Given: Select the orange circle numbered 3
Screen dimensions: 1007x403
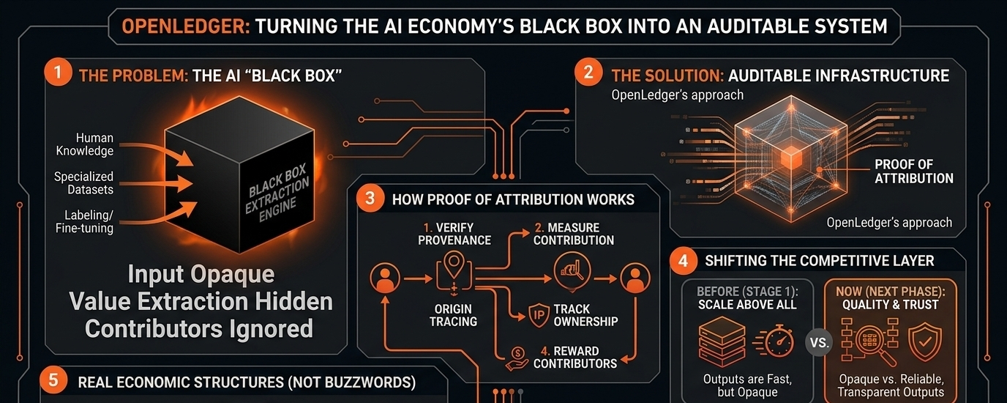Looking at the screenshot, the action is [x=370, y=198].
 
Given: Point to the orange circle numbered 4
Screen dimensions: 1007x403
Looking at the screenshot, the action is [x=684, y=261].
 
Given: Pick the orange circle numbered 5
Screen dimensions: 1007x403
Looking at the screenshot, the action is [x=53, y=380].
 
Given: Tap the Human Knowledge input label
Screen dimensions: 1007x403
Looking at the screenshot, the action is [x=84, y=144].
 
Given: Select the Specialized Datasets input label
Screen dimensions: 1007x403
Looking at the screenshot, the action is [x=83, y=182].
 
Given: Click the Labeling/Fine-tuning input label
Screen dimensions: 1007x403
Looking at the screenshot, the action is [x=84, y=221].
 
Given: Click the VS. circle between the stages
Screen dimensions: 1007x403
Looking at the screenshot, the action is [x=819, y=343].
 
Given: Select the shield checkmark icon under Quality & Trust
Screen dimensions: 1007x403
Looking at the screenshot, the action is [x=925, y=341].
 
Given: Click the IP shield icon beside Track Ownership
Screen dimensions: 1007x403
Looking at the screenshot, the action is [x=538, y=315].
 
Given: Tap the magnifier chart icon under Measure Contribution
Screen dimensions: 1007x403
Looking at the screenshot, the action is [x=572, y=272].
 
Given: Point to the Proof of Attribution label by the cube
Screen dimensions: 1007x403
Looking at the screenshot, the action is [x=914, y=171].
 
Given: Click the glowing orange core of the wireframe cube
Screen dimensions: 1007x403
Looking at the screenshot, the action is [x=791, y=157].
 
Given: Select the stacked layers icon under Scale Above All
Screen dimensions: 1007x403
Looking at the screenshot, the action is [x=722, y=341].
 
